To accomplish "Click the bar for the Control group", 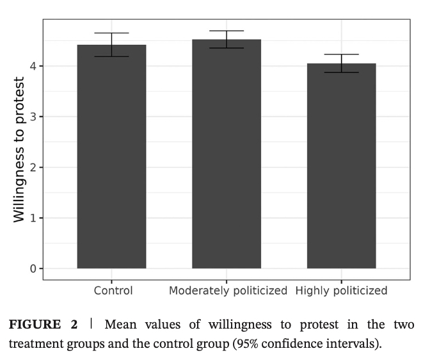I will coord(111,157).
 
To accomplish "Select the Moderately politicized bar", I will coord(227,154).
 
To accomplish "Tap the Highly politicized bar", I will coord(341,166).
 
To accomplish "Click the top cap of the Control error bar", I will coord(111,33).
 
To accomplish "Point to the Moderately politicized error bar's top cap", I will coord(227,31).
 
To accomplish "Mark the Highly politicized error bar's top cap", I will coord(341,54).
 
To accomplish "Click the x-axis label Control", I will coord(113,291).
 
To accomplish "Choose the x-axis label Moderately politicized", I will coord(228,291).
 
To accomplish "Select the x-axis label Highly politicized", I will coord(341,291).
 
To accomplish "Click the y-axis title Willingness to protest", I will coord(20,150).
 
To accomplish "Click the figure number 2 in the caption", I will coord(74,325).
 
